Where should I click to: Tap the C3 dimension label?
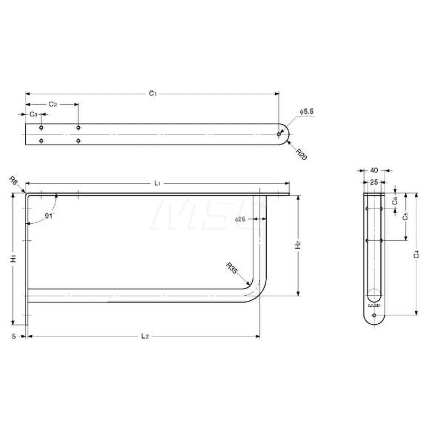[x=33, y=114]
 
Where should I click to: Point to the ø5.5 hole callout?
[x=307, y=111]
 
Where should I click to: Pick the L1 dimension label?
[x=157, y=183]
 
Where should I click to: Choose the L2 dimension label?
[x=145, y=337]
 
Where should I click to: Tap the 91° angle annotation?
[x=50, y=216]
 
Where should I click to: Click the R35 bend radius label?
[x=232, y=268]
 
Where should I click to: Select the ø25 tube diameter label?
[x=240, y=219]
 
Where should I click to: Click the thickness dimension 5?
[x=14, y=336]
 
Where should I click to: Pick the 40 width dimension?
[x=374, y=170]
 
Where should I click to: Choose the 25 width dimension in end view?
[x=374, y=182]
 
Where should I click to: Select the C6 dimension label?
[x=395, y=201]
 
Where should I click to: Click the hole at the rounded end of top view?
[x=279, y=134]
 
